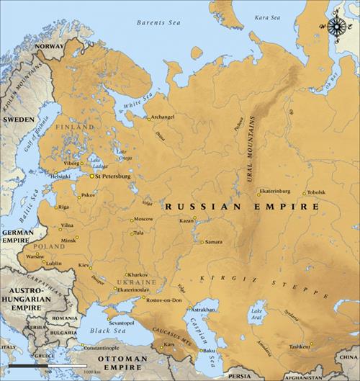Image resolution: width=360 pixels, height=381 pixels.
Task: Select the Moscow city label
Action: click(x=143, y=218)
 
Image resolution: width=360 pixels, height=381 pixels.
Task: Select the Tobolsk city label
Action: click(x=315, y=192)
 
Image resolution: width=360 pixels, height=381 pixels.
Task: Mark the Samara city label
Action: click(x=213, y=242)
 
